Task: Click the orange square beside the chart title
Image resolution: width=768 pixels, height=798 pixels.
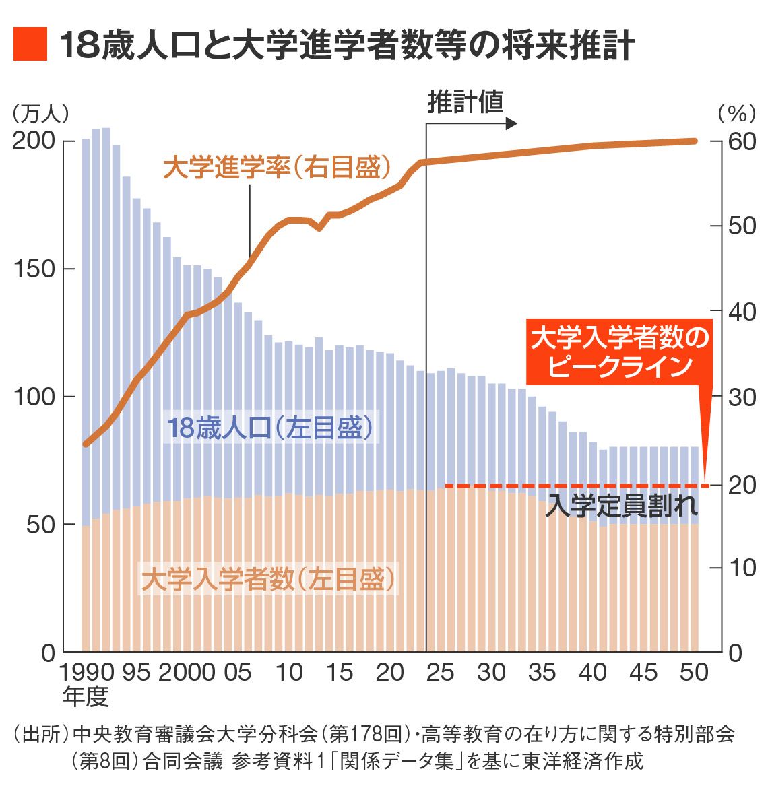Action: [x=30, y=44]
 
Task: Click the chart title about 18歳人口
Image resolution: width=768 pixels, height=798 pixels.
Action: [x=346, y=45]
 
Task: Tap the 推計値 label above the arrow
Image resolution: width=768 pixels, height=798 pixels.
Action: [x=466, y=102]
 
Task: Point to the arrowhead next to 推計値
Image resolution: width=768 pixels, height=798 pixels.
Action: [x=511, y=124]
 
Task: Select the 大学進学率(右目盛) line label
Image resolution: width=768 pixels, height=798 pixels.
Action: [x=277, y=168]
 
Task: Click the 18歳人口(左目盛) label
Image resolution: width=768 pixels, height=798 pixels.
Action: [x=269, y=428]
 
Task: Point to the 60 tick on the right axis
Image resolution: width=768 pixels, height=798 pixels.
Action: [x=742, y=141]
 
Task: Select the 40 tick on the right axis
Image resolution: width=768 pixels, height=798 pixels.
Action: [x=742, y=312]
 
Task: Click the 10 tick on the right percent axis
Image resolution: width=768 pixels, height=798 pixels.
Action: [x=742, y=568]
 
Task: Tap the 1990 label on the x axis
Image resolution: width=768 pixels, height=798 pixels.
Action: [x=86, y=673]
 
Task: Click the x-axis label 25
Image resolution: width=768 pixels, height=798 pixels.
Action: [x=441, y=673]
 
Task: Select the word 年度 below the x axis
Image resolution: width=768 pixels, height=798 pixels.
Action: [x=86, y=696]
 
